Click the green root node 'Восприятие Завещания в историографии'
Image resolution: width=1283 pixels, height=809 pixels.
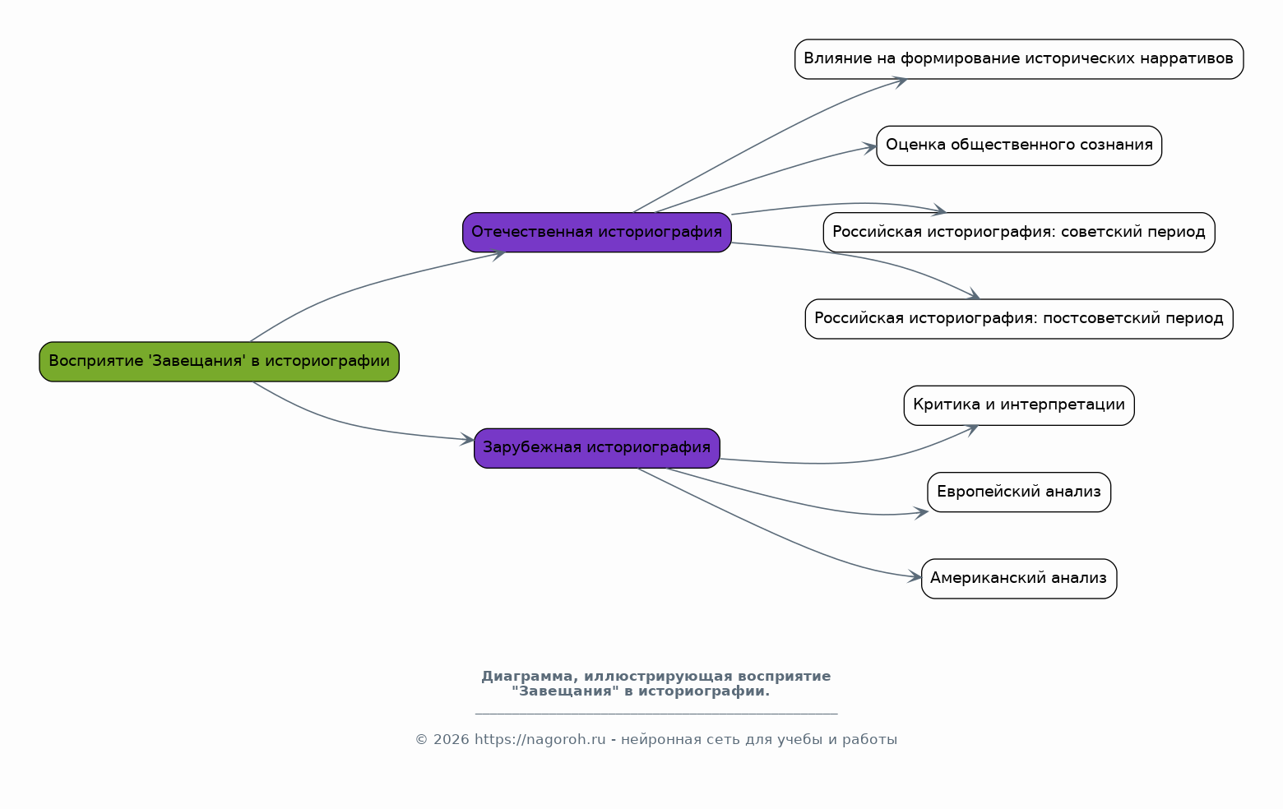[x=219, y=361]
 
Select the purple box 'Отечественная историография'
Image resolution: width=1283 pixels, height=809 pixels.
[x=597, y=232]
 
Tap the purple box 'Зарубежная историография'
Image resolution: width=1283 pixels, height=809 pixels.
[x=597, y=448]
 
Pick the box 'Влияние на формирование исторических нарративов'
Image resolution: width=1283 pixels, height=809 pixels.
[x=1019, y=59]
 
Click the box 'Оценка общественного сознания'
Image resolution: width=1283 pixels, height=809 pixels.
[x=1019, y=146]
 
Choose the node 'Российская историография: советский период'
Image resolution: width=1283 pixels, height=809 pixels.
[x=1019, y=232]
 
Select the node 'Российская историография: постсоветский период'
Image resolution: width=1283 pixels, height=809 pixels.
[x=1019, y=318]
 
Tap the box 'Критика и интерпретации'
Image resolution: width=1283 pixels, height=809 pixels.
[x=1019, y=404]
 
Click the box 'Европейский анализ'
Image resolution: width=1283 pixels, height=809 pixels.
[x=1019, y=492]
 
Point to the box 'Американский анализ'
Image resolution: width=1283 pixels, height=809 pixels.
[x=1019, y=578]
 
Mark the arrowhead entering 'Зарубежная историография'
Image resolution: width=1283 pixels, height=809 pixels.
[x=467, y=439]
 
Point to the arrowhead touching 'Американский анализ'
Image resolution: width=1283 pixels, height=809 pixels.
[x=915, y=576]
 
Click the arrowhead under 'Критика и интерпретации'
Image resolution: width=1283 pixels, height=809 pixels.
[x=972, y=429]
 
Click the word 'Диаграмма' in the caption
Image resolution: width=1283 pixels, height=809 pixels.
[x=527, y=676]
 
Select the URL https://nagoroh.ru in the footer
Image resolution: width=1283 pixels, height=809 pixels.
[x=540, y=739]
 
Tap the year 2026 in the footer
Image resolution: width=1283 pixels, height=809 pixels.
[x=451, y=739]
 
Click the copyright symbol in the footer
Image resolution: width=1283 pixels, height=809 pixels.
[x=422, y=740]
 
